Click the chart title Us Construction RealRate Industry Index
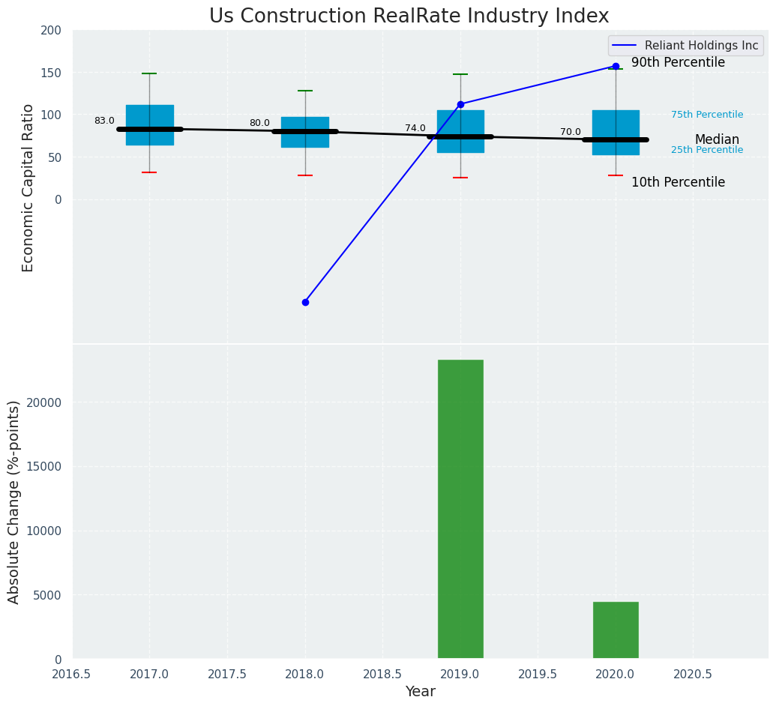click(409, 16)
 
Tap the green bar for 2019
click(460, 509)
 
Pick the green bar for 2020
click(616, 630)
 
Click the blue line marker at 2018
click(305, 302)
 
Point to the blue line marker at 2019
click(460, 104)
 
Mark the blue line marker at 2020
click(616, 66)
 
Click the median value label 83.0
click(104, 121)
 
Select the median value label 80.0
click(259, 123)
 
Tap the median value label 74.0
click(415, 128)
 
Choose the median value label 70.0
click(570, 132)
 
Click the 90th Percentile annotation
click(678, 63)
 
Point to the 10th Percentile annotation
click(678, 183)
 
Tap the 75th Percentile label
click(707, 115)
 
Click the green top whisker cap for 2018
click(305, 91)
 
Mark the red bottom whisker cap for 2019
click(460, 178)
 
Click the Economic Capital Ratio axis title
click(28, 187)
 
